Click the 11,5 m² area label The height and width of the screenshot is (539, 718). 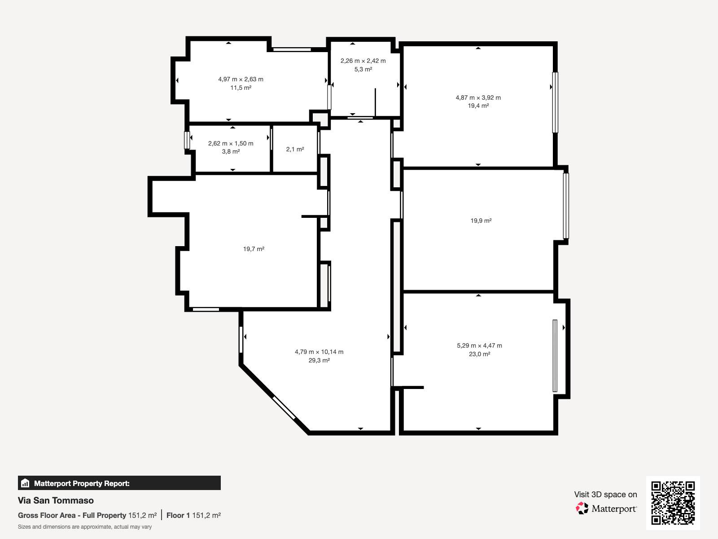241,88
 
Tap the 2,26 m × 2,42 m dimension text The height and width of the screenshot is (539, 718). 363,61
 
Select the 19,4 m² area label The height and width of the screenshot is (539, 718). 478,106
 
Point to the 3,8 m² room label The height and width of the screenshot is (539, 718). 231,151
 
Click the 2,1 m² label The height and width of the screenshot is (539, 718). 295,149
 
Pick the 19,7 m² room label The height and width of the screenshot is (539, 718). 254,249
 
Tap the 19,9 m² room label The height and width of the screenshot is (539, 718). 481,221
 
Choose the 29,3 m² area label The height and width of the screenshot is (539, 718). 319,360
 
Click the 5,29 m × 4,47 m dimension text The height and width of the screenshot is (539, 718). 479,345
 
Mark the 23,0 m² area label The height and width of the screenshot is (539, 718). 479,354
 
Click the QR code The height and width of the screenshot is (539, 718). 673,503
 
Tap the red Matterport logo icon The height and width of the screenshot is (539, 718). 582,508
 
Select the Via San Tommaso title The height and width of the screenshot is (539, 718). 56,500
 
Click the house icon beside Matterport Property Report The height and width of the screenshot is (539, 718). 25,483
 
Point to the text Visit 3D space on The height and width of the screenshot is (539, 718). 605,495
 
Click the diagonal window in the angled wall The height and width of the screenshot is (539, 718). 284,407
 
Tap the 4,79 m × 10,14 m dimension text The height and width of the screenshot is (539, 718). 319,352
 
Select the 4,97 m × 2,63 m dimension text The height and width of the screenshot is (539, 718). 241,79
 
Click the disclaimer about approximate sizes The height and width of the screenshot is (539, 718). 85,527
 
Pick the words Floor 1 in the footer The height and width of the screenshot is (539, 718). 178,516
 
